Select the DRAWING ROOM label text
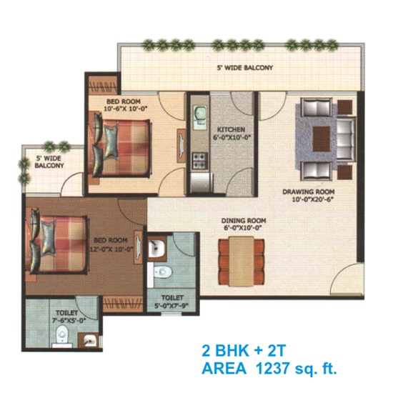[309, 191]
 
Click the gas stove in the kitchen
[199, 158]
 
